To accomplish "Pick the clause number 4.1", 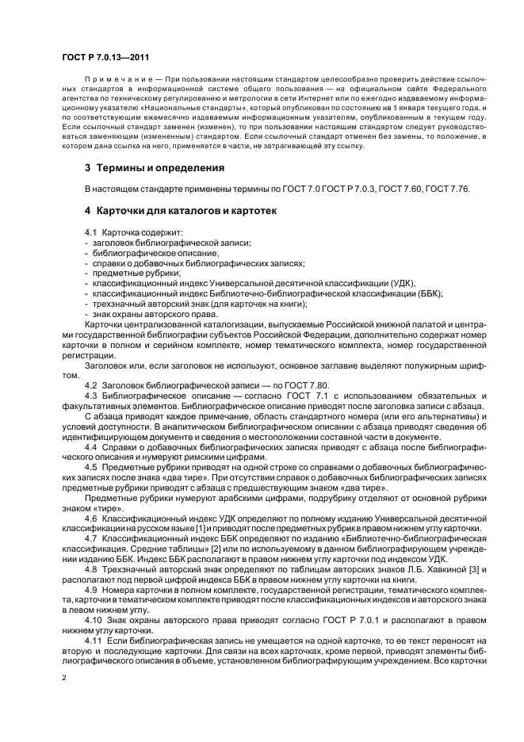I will (90, 232).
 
